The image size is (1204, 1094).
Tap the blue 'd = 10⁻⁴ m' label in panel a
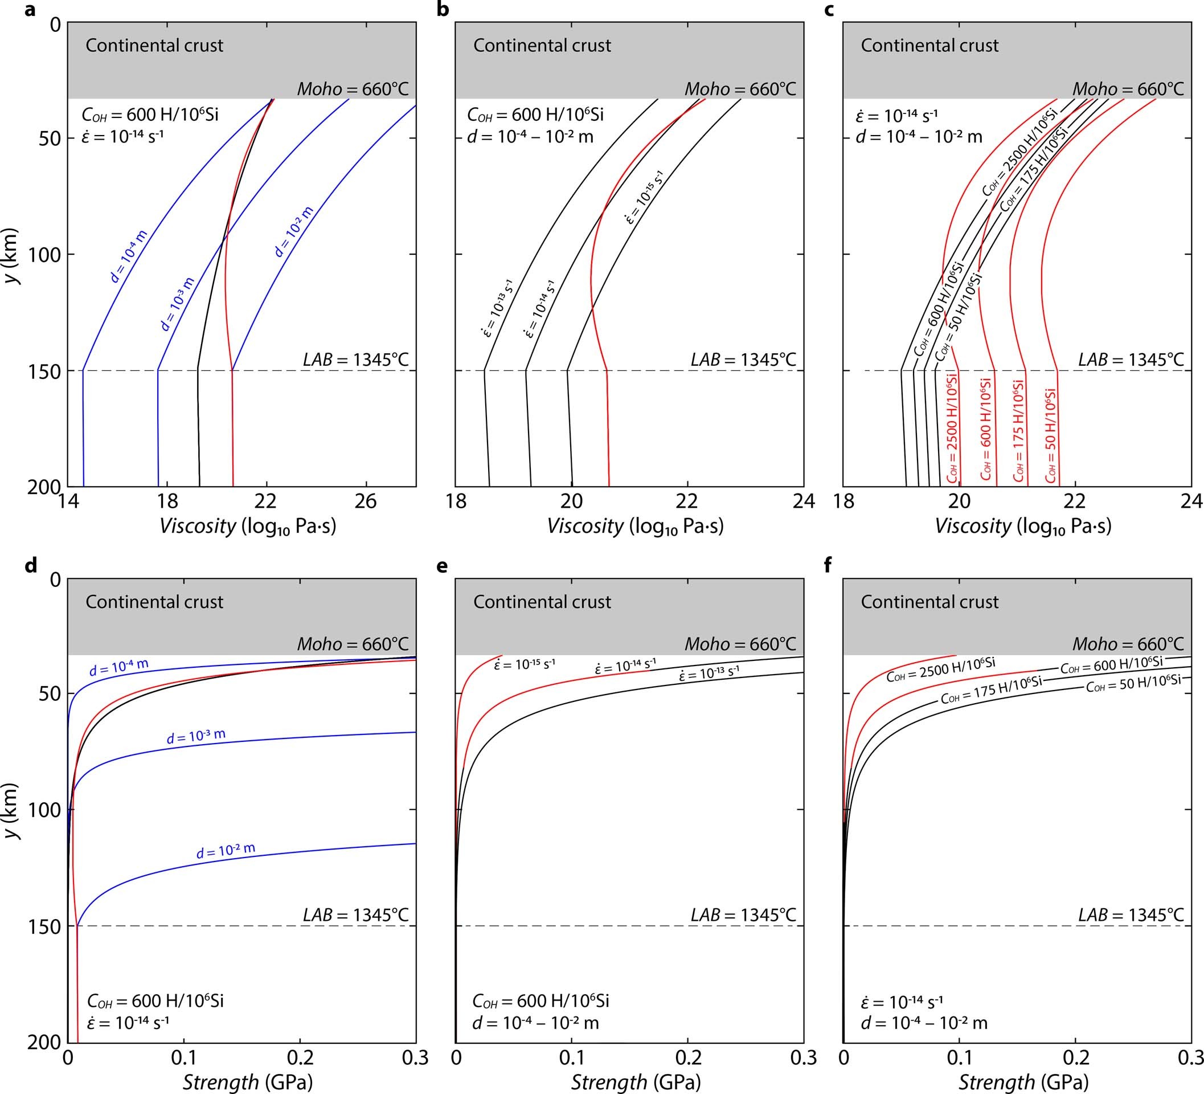tap(128, 256)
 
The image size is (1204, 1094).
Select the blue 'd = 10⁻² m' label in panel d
tap(226, 851)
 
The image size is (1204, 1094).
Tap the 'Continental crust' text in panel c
tap(929, 46)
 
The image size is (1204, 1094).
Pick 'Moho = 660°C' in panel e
tap(740, 644)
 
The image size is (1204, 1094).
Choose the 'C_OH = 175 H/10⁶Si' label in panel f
tap(992, 690)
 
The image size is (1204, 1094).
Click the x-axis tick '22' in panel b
tap(687, 501)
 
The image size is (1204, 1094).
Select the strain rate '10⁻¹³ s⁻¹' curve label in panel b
tap(497, 308)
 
